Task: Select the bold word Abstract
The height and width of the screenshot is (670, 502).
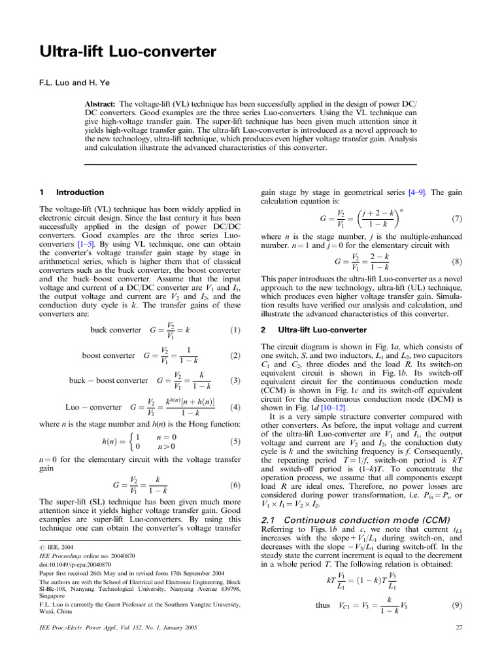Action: click(101, 105)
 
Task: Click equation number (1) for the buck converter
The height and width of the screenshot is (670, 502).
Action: click(236, 330)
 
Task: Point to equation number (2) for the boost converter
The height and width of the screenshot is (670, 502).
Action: click(236, 355)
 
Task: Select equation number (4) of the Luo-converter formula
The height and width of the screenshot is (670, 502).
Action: click(236, 407)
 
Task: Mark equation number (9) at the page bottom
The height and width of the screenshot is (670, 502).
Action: click(458, 605)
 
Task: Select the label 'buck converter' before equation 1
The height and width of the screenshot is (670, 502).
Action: click(115, 330)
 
